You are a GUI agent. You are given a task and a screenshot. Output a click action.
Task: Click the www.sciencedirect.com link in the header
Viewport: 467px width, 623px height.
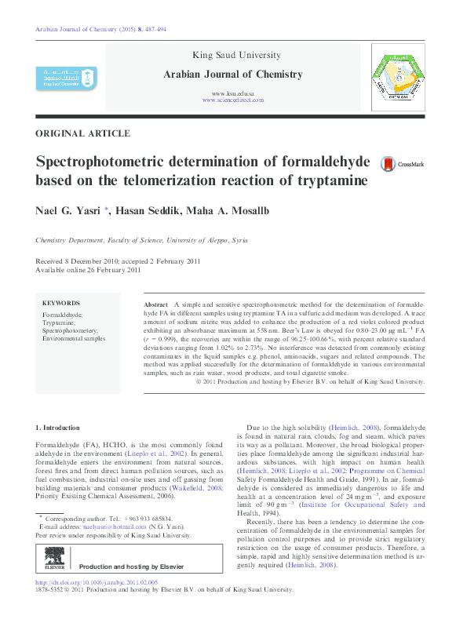233,100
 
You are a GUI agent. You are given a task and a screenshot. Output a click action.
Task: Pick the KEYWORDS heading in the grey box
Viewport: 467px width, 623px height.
61,303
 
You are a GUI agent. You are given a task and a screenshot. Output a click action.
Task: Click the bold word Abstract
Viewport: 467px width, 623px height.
156,303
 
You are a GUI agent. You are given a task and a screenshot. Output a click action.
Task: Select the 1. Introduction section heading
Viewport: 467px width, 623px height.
58,428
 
